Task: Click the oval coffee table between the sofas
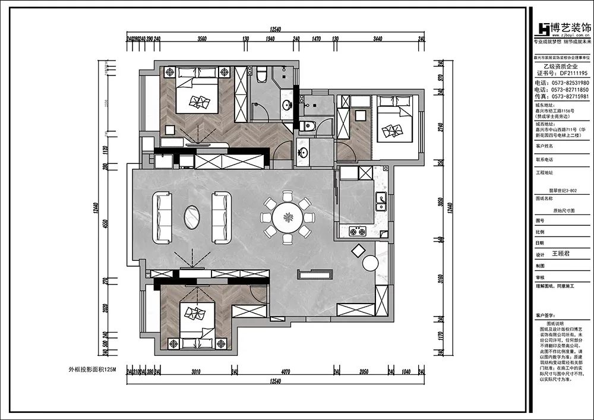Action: (191, 217)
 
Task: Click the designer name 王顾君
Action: (561, 253)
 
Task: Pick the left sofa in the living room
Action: (162, 217)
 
